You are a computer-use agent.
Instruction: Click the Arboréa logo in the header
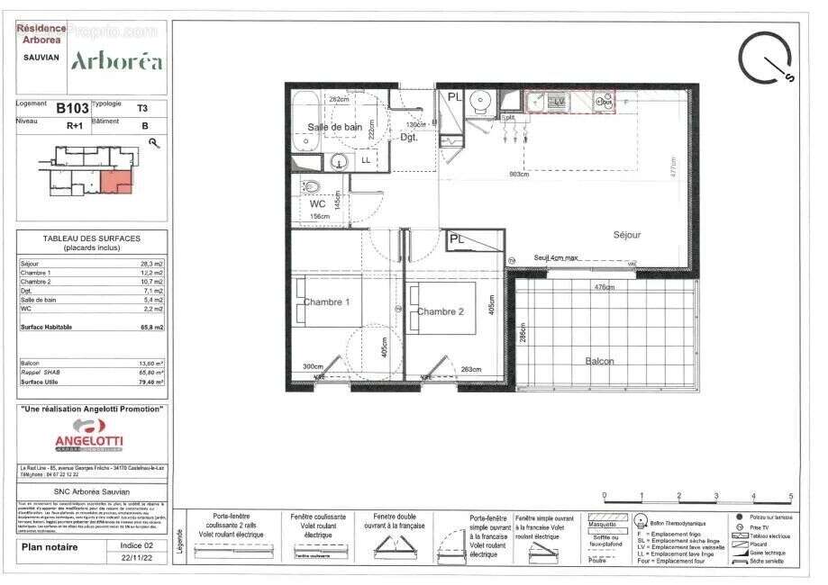pyautogui.click(x=117, y=61)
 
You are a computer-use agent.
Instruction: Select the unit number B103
pyautogui.click(x=72, y=108)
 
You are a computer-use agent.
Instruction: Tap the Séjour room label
pyautogui.click(x=627, y=235)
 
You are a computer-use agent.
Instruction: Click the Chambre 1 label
pyautogui.click(x=327, y=301)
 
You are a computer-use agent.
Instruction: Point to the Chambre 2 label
pyautogui.click(x=440, y=311)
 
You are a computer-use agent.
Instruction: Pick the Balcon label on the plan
pyautogui.click(x=600, y=361)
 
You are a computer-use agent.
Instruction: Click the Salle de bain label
pyautogui.click(x=335, y=127)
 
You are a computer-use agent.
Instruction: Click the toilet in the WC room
pyautogui.click(x=311, y=186)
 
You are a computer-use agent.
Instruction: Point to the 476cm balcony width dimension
pyautogui.click(x=604, y=288)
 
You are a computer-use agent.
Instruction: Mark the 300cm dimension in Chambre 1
pyautogui.click(x=313, y=367)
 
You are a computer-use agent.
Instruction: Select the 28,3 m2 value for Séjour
pyautogui.click(x=150, y=264)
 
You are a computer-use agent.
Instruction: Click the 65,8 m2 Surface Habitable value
pyautogui.click(x=150, y=328)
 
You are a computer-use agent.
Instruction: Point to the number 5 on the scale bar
pyautogui.click(x=791, y=495)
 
